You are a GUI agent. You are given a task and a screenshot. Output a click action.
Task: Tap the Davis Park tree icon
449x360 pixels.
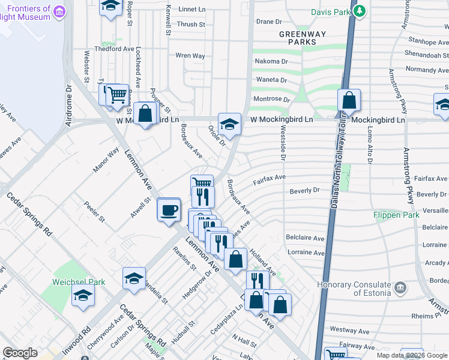[359, 11]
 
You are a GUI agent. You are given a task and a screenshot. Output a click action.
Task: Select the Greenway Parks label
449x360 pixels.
[297, 38]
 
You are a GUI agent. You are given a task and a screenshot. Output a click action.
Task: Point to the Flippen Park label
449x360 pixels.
[396, 214]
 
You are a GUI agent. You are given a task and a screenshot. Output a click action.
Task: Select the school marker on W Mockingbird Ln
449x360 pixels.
[229, 124]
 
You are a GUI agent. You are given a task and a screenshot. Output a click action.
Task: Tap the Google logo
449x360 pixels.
[20, 353]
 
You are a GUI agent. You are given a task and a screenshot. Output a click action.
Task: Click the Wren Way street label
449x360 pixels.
[190, 56]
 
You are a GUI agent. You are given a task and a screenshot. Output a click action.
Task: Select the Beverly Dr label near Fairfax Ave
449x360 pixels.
[304, 190]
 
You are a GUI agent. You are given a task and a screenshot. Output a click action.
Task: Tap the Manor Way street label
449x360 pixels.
[106, 161]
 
